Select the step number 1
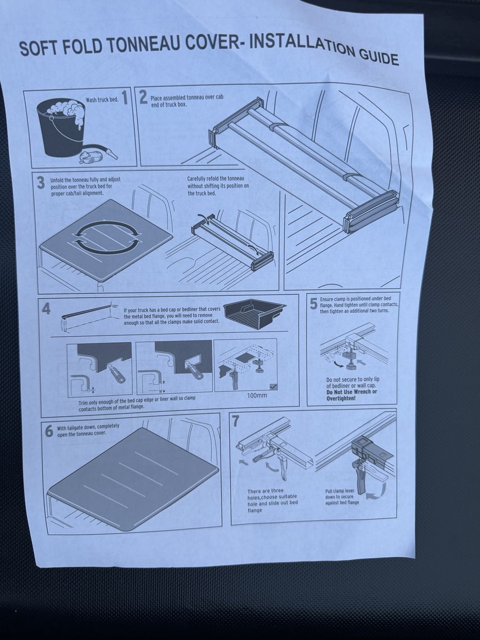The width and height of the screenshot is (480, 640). click(125, 98)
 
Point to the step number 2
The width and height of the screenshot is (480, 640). click(143, 98)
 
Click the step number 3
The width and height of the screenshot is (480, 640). click(41, 183)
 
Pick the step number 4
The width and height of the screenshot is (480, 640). click(46, 309)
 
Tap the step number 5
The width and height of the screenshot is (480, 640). click(313, 305)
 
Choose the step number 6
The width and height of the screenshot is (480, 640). click(50, 431)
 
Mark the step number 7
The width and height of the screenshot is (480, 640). click(236, 420)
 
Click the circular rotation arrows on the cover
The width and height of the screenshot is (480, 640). click(106, 237)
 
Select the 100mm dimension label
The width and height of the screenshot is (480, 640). click(257, 396)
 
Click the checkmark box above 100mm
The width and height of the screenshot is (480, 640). click(274, 387)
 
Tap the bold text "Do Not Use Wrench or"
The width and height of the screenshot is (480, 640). click(352, 391)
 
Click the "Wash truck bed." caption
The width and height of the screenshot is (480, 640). click(102, 100)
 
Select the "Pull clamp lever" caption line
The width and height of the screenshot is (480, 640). click(340, 491)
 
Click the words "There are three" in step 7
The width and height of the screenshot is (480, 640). click(266, 491)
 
